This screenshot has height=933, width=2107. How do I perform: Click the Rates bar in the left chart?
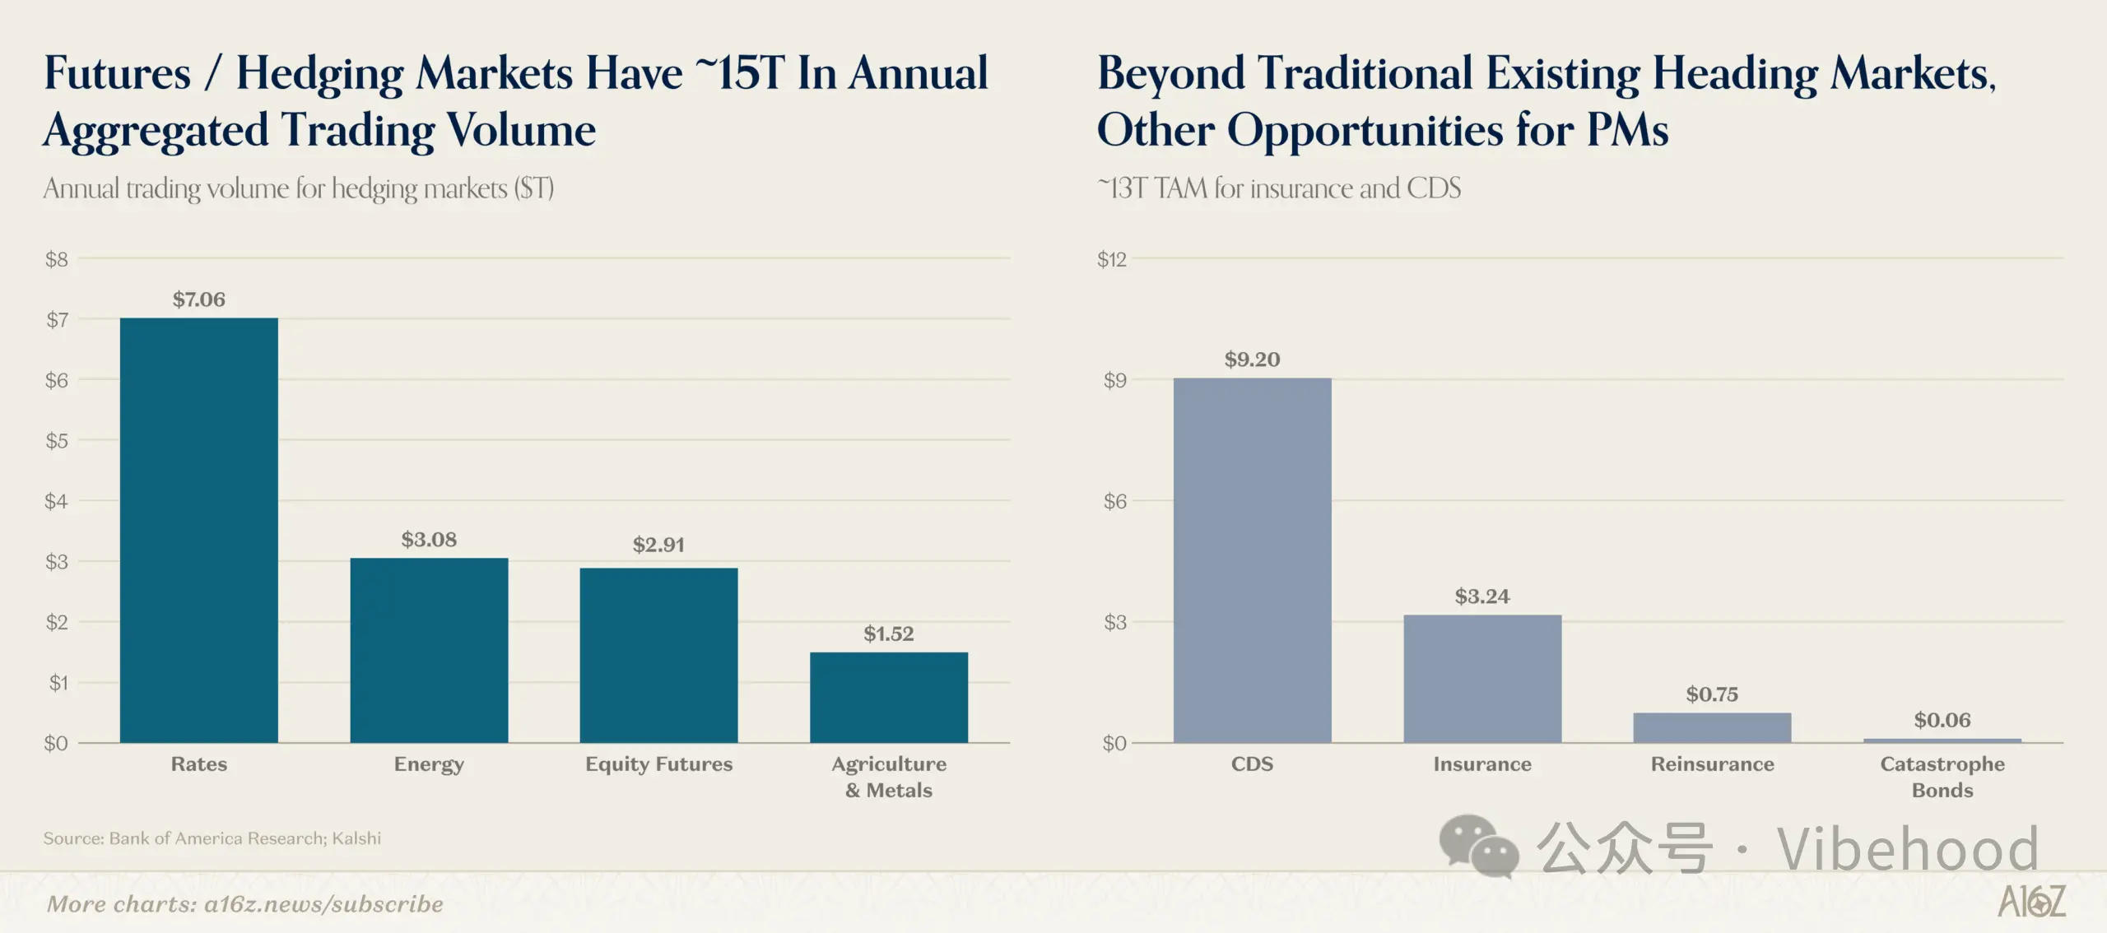click(x=198, y=531)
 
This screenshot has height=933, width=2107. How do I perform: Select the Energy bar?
click(x=429, y=651)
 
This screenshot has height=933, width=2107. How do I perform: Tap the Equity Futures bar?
click(x=658, y=656)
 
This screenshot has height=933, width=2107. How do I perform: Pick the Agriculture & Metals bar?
click(x=889, y=698)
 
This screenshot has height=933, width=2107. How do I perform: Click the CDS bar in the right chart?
click(x=1252, y=560)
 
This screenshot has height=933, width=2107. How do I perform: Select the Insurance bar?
click(x=1482, y=679)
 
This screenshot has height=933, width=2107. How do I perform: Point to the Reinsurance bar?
click(x=1712, y=728)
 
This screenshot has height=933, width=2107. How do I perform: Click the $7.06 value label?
click(x=198, y=299)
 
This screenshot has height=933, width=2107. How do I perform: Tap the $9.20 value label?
click(x=1252, y=360)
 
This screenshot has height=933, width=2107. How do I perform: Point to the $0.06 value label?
click(x=1942, y=721)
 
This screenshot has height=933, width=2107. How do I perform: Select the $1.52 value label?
click(x=889, y=634)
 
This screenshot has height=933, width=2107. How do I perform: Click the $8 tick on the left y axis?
click(x=57, y=260)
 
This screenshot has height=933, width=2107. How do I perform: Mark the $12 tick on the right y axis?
click(x=1112, y=260)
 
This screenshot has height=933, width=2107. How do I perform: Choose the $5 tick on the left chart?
click(x=57, y=441)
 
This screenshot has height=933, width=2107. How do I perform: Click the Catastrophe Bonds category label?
click(x=1942, y=777)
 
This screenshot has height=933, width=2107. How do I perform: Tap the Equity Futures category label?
click(x=658, y=764)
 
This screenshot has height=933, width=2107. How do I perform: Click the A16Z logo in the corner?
click(x=2031, y=902)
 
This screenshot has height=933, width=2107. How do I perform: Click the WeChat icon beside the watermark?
click(x=1478, y=846)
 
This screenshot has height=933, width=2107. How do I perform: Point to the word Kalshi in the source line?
click(x=356, y=838)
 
